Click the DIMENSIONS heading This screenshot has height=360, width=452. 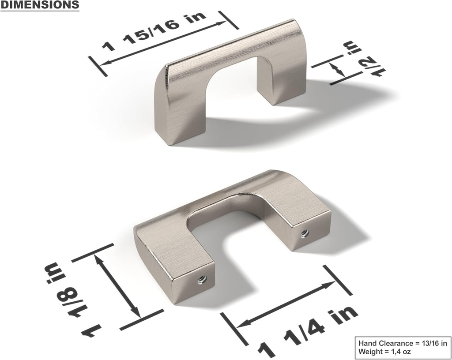point(40,5)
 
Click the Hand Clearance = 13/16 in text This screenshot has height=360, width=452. point(402,343)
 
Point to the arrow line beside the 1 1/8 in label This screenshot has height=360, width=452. point(120,287)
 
